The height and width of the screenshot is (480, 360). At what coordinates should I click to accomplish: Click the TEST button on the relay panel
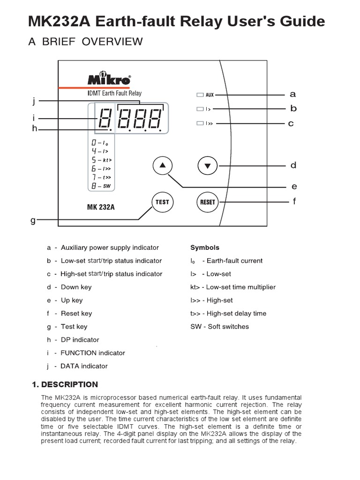click(x=162, y=202)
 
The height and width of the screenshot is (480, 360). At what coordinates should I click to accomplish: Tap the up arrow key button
click(x=163, y=165)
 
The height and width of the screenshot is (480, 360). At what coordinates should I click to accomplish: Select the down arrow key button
click(x=208, y=165)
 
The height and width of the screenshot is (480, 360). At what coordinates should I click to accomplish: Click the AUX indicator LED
click(x=200, y=95)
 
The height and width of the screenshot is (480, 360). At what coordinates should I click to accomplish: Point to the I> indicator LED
click(x=200, y=109)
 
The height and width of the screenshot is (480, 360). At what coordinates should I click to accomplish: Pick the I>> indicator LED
click(x=200, y=123)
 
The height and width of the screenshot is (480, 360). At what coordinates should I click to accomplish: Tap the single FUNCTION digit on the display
click(x=104, y=119)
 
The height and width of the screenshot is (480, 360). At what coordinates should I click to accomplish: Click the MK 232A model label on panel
click(x=101, y=206)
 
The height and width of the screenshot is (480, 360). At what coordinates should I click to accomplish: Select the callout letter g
click(x=33, y=220)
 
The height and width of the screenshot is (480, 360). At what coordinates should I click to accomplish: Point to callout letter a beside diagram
click(x=293, y=94)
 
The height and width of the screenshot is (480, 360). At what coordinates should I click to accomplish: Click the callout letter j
click(x=34, y=100)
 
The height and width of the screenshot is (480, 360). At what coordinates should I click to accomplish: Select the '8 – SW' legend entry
click(x=101, y=186)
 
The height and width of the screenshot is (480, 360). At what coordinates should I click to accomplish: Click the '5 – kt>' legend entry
click(x=101, y=159)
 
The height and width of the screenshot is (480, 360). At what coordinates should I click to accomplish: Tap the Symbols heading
click(x=204, y=247)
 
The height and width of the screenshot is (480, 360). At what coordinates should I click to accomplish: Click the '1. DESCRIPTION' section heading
click(x=65, y=384)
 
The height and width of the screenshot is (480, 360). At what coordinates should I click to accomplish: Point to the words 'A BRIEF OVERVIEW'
click(x=85, y=42)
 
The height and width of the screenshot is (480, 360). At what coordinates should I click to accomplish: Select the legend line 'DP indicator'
click(x=80, y=339)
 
